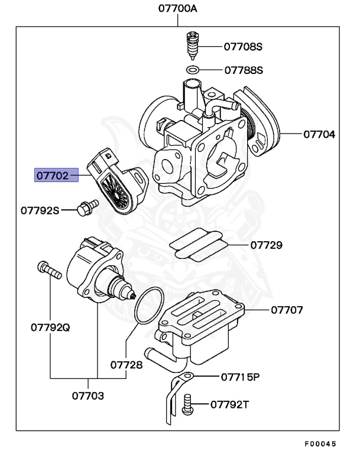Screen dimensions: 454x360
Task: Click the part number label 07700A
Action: [x=178, y=9]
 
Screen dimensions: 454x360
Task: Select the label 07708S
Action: [x=243, y=46]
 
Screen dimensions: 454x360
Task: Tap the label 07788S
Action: [x=243, y=70]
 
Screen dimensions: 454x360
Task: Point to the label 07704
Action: [x=319, y=134]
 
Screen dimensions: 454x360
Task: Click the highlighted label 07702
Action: [x=57, y=176]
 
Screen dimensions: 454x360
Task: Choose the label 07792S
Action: [x=40, y=209]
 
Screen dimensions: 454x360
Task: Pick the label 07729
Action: [x=266, y=244]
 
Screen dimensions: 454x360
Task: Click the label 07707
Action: [x=287, y=309]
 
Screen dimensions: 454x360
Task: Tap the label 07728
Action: [x=127, y=365]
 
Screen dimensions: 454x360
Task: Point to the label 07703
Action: [x=88, y=395]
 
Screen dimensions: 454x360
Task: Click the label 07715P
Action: [x=241, y=377]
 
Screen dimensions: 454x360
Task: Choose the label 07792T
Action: [x=231, y=404]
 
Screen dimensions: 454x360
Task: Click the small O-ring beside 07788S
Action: [x=193, y=70]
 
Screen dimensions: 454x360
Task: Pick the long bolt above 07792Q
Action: [x=50, y=271]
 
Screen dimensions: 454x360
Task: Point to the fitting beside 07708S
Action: [x=191, y=44]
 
